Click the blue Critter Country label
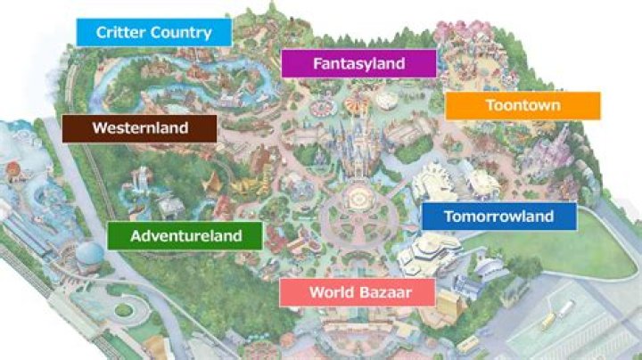click(x=153, y=33)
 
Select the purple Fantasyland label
click(x=358, y=63)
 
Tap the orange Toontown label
click(x=523, y=105)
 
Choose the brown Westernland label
click(x=140, y=128)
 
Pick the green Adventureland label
click(x=185, y=236)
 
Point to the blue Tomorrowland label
click(x=498, y=217)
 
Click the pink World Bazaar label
click(x=357, y=292)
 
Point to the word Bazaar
click(x=383, y=292)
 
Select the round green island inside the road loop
click(x=123, y=311)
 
